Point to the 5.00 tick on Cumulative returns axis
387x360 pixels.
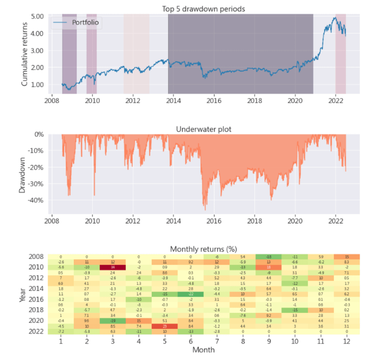38,16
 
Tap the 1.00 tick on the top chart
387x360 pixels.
38,84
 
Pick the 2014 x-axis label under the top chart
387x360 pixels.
174,101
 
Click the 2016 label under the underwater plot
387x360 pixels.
214,220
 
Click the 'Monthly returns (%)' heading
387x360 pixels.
204,249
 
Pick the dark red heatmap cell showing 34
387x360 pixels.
113,267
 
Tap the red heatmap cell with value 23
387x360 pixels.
164,325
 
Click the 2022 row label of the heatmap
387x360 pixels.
36,331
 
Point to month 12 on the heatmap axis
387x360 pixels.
346,341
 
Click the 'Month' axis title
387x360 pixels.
204,350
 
